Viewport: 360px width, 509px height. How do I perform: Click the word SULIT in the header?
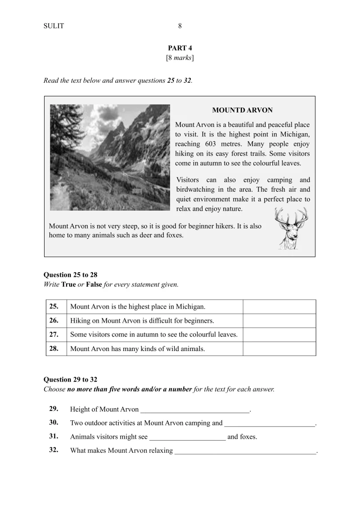click(54, 26)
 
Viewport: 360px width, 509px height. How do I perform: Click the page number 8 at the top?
click(180, 26)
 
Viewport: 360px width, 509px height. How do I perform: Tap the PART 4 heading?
click(180, 48)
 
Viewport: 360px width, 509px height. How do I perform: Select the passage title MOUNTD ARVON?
click(242, 110)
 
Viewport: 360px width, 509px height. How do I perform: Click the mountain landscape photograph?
click(110, 158)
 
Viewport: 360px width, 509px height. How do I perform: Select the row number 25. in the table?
click(54, 306)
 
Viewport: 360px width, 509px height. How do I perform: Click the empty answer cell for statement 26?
click(279, 321)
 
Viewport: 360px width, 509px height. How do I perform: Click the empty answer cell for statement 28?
click(279, 349)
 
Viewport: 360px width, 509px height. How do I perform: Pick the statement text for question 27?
click(154, 335)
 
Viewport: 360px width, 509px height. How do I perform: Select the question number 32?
click(54, 450)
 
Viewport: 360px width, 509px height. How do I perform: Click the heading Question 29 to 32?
click(70, 380)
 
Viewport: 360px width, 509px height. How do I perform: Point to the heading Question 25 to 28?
click(70, 275)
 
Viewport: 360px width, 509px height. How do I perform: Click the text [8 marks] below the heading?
click(180, 58)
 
